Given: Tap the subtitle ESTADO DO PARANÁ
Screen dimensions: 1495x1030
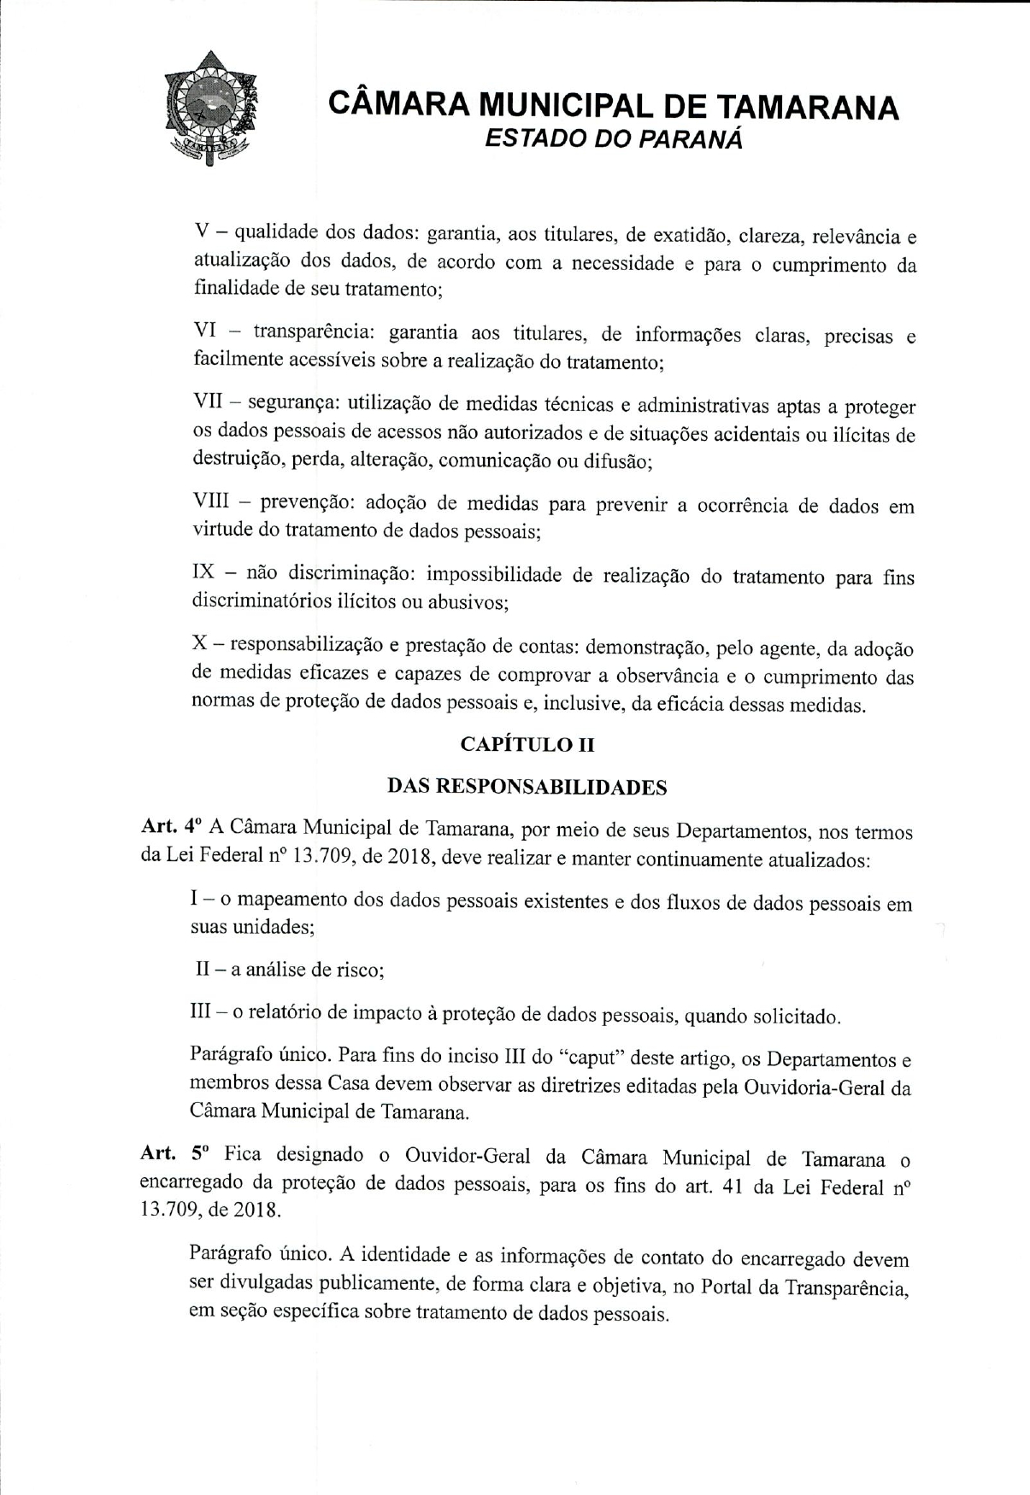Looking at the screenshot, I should click(x=614, y=139).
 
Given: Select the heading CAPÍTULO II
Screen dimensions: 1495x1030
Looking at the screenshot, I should click(x=527, y=744).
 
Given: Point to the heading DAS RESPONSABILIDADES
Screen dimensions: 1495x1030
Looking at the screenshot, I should click(x=527, y=786).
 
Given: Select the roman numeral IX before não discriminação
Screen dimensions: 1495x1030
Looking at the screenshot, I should click(x=205, y=572).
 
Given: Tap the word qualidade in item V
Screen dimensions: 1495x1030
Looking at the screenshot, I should click(x=276, y=231).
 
